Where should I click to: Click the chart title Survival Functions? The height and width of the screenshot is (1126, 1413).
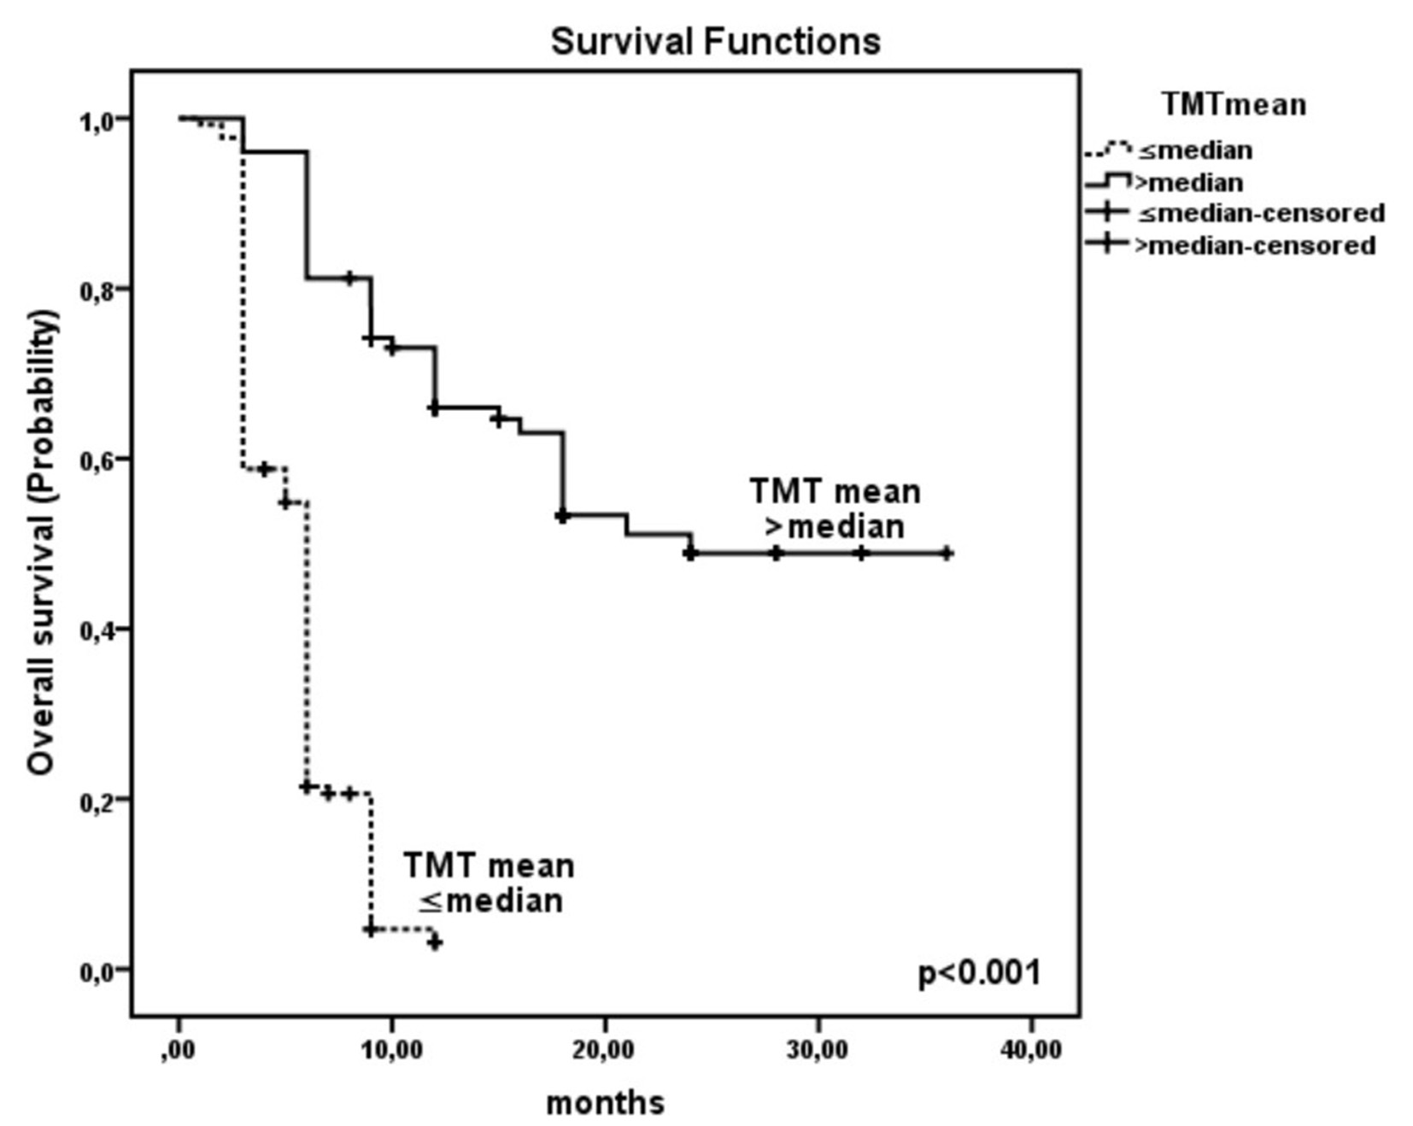[x=715, y=41]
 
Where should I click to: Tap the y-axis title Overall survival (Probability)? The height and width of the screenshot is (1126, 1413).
[x=42, y=543]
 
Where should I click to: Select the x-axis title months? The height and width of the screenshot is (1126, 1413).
[x=605, y=1102]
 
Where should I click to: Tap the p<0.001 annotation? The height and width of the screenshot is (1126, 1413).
[x=979, y=973]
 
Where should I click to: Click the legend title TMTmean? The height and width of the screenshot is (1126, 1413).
[x=1234, y=104]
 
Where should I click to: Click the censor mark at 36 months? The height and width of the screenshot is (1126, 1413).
[x=946, y=554]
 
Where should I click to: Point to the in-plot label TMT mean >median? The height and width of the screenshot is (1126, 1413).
[x=835, y=509]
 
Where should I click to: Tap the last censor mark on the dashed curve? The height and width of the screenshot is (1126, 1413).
[x=434, y=941]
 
